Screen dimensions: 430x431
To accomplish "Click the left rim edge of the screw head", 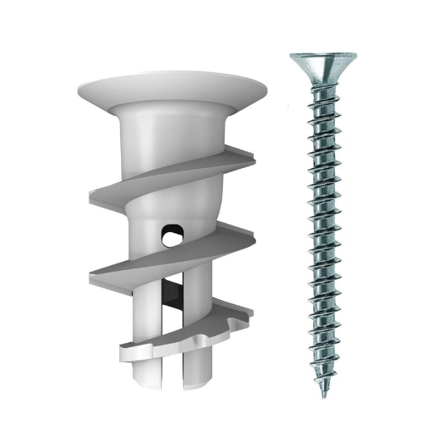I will click(x=292, y=56).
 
